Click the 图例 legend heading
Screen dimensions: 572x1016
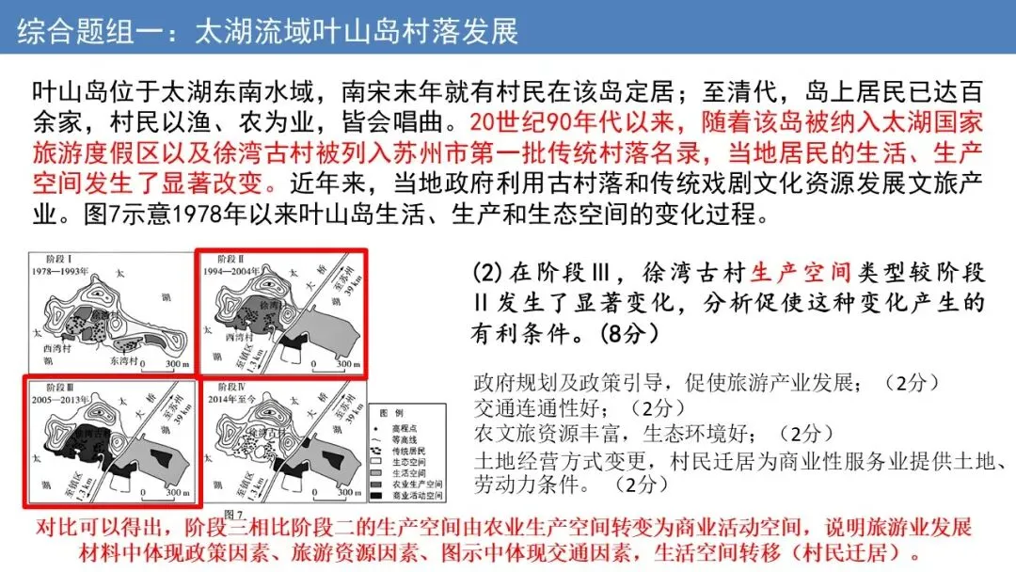(x=390, y=413)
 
